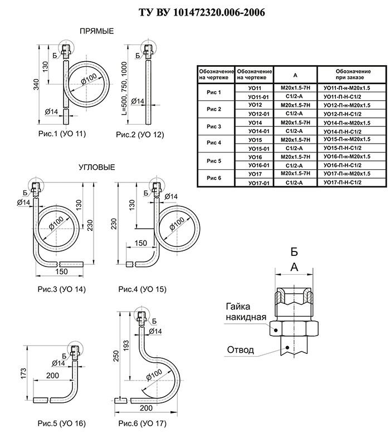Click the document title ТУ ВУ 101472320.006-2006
click(202, 12)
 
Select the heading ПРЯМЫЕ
click(97, 31)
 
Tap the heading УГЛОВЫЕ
click(97, 167)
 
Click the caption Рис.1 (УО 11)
click(62, 134)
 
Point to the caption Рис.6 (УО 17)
click(143, 423)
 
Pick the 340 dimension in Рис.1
click(36, 85)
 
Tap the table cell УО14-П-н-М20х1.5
click(347, 123)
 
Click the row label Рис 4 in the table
click(214, 142)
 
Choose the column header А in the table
click(295, 75)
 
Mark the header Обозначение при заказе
click(353, 74)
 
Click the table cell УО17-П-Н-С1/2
click(343, 182)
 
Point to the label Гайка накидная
click(246, 312)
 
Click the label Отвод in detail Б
click(241, 350)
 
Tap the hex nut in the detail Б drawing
click(294, 328)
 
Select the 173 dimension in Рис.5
click(23, 374)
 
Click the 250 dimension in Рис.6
click(116, 356)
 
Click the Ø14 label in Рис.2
click(138, 101)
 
